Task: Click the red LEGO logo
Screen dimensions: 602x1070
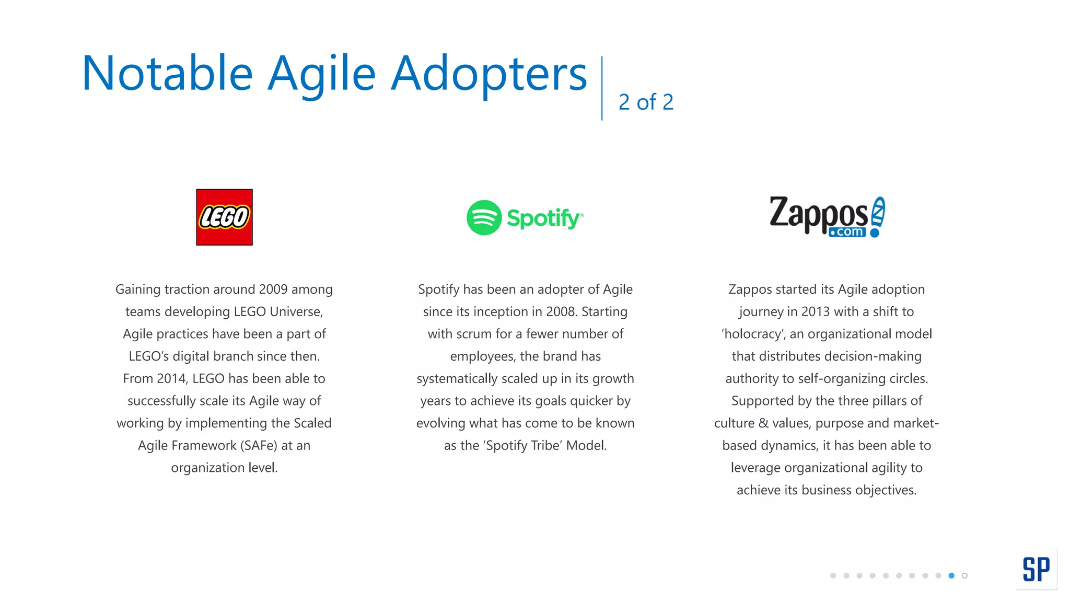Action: click(x=224, y=217)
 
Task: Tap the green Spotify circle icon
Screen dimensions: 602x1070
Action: click(x=484, y=217)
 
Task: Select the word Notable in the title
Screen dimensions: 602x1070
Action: click(x=167, y=73)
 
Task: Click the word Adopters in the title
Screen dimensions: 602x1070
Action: click(x=489, y=73)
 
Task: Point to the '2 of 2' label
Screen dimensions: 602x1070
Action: click(x=646, y=102)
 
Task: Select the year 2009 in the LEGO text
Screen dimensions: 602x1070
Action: click(x=273, y=290)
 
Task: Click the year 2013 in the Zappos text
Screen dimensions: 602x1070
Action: click(x=816, y=312)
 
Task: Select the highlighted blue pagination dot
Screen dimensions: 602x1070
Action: click(x=951, y=575)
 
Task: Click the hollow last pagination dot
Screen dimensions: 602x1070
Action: click(x=964, y=575)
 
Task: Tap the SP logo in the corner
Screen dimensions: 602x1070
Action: click(x=1036, y=569)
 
